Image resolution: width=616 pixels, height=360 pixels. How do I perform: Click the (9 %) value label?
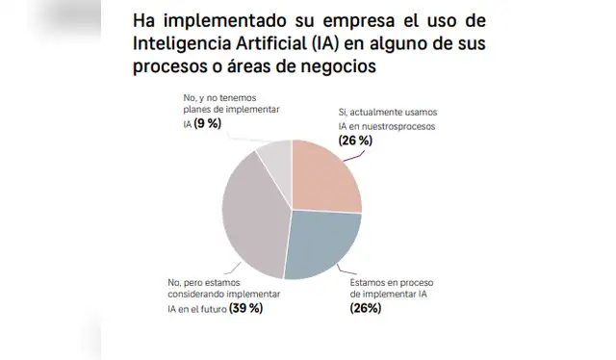208,124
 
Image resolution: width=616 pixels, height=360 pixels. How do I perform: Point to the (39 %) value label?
245,309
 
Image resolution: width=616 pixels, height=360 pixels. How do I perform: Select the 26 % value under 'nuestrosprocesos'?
355,141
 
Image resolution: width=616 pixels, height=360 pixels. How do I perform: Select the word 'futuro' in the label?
206,309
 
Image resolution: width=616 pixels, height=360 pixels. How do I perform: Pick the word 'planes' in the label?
197,111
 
